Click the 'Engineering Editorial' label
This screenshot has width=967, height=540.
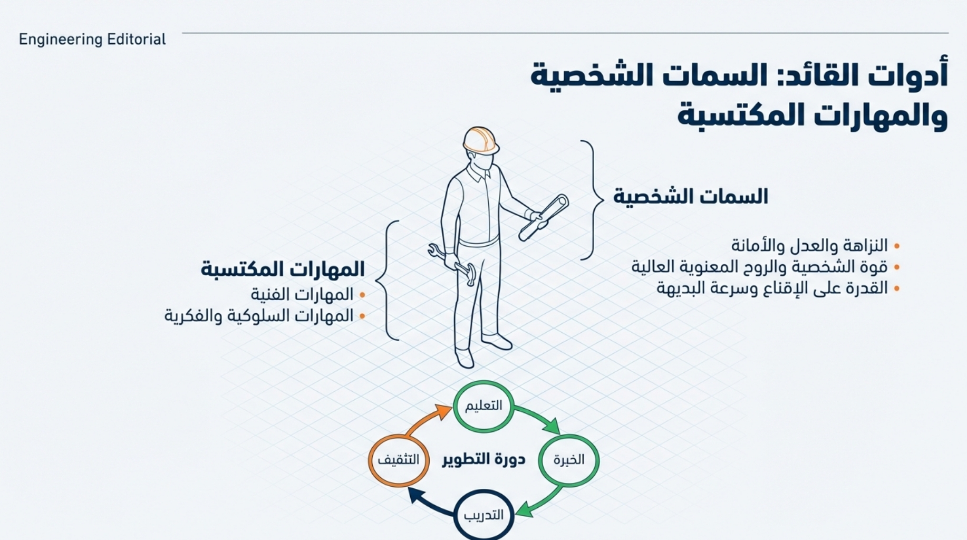[x=92, y=40]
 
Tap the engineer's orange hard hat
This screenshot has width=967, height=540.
[x=480, y=140]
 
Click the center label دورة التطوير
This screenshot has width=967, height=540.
[x=483, y=459]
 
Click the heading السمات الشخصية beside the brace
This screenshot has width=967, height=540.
[x=690, y=197]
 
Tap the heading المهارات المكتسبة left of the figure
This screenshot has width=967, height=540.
[x=283, y=269]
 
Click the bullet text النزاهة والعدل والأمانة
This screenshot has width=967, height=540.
[x=809, y=245]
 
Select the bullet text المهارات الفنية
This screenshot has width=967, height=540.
[x=302, y=294]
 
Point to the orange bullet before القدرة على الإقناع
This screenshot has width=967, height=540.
[x=897, y=288]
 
